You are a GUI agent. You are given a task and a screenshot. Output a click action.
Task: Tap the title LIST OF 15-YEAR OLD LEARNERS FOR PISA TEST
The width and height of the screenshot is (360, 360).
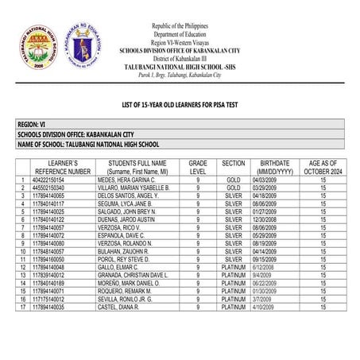(x=180, y=105)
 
